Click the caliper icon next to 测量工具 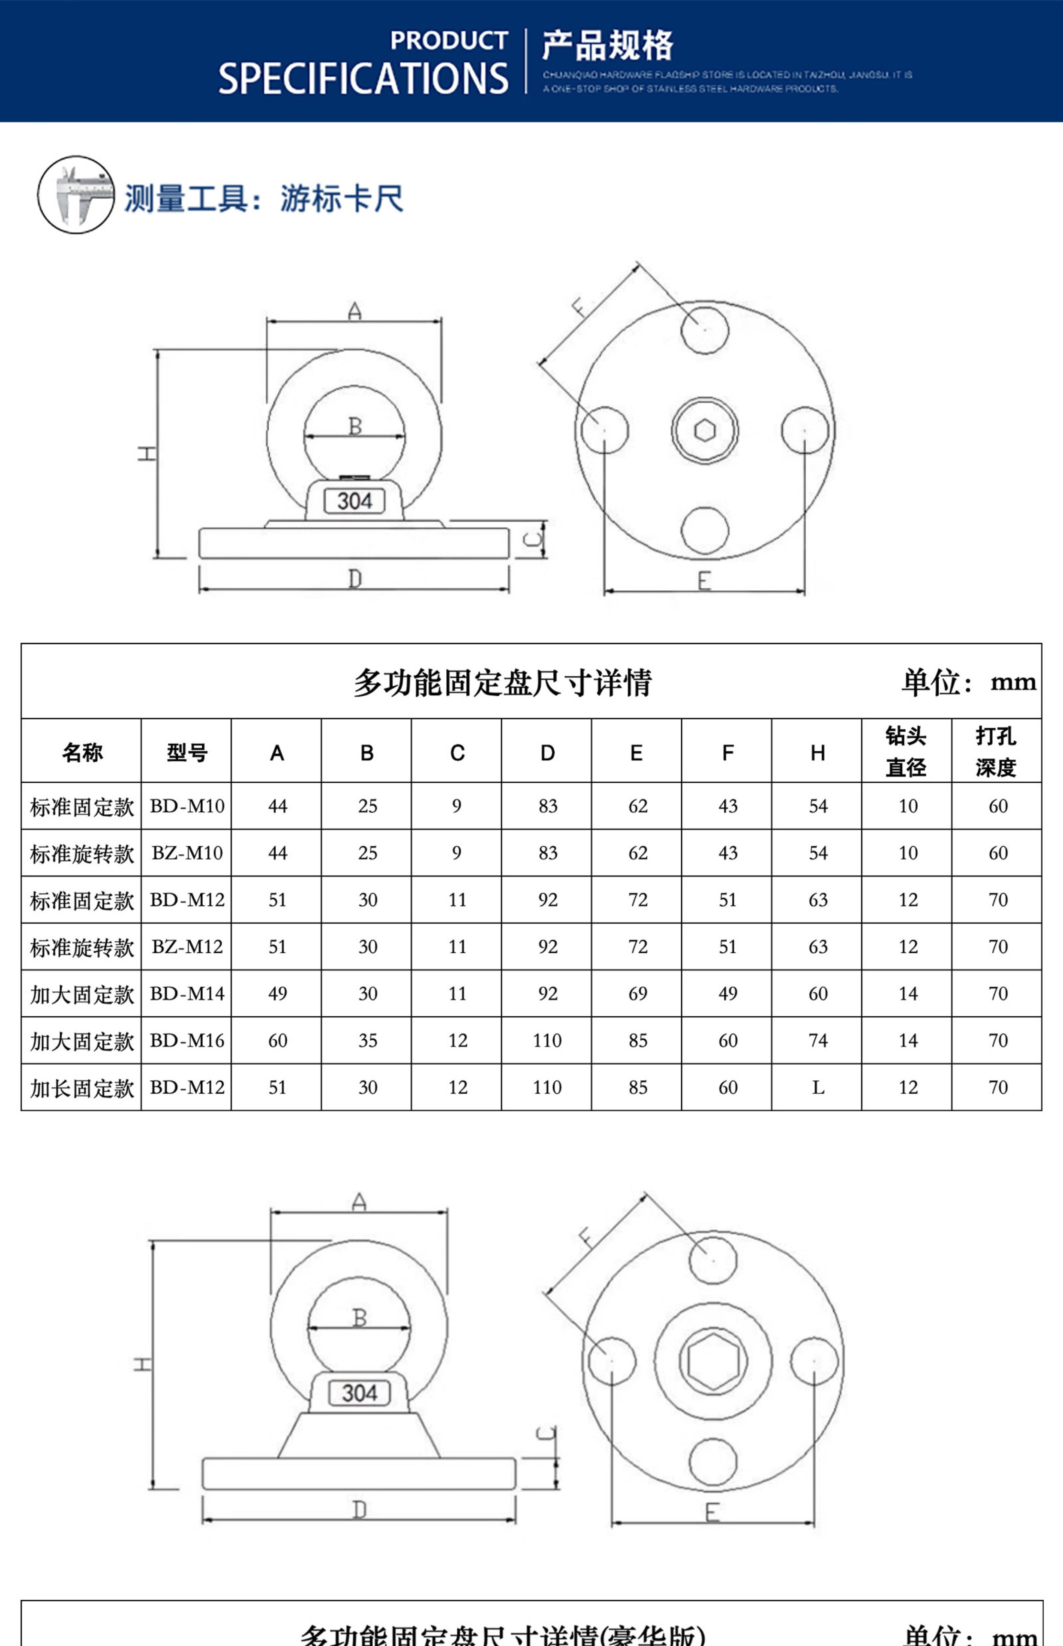pos(76,195)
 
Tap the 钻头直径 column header pos(906,751)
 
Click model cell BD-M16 pos(187,1040)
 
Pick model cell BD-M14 pos(187,993)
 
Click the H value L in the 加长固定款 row pos(818,1087)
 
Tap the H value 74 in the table pos(818,1040)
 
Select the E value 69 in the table pos(638,993)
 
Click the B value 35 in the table pos(367,1040)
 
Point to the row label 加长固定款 pos(81,1087)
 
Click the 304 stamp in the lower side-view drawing pos(359,1393)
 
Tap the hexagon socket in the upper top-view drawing pos(705,430)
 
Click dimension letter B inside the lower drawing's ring pos(359,1318)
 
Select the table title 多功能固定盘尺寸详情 pos(502,682)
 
